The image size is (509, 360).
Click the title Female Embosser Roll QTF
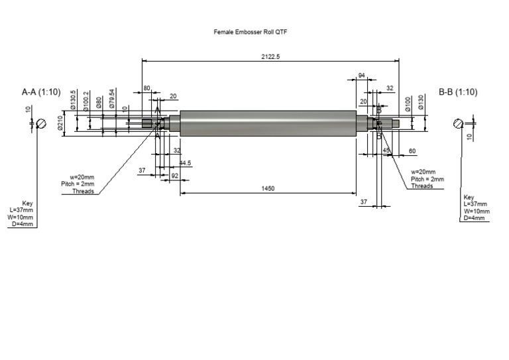[250, 31]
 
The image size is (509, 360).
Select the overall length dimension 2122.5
[270, 57]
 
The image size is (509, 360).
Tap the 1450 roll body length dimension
[267, 189]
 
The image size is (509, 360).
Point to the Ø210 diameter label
[60, 123]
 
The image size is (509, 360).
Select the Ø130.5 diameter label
[74, 100]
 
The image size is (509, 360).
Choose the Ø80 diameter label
[99, 103]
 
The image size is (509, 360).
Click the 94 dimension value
[362, 76]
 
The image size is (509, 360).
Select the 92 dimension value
[175, 176]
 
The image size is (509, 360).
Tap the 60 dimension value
[412, 151]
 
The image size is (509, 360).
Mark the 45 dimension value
[387, 151]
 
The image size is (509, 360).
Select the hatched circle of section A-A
[41, 123]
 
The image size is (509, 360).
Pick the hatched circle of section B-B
[459, 123]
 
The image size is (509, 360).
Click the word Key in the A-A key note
[27, 203]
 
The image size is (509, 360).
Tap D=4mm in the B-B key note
[474, 218]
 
